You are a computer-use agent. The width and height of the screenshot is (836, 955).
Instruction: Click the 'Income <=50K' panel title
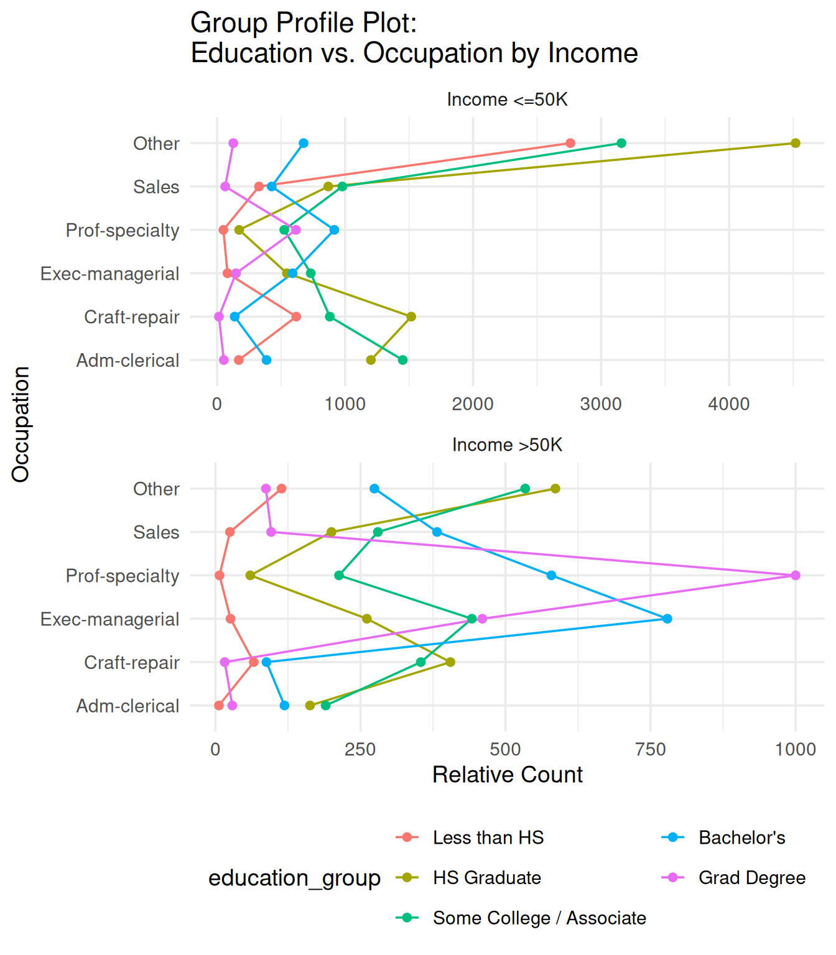[x=507, y=99]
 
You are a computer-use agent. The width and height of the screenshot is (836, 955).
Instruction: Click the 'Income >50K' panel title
[x=507, y=445]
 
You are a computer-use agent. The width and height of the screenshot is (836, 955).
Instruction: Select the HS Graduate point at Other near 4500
[x=795, y=143]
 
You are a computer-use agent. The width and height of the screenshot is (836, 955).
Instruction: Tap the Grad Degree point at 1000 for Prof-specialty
[x=795, y=576]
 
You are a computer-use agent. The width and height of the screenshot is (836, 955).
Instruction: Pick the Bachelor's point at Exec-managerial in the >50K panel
[x=667, y=619]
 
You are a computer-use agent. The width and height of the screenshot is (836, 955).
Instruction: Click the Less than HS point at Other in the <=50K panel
[x=570, y=143]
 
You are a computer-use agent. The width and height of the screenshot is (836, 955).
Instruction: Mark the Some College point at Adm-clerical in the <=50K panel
[x=402, y=360]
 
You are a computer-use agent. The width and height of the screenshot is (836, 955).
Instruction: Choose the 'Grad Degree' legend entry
[x=751, y=877]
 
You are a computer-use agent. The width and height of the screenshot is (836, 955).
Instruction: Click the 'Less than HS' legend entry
[x=488, y=837]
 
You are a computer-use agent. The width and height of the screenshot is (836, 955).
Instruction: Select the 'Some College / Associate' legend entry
[x=539, y=918]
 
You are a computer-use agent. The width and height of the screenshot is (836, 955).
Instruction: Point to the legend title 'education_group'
[x=294, y=878]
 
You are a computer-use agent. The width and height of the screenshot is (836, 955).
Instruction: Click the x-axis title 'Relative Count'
[x=507, y=775]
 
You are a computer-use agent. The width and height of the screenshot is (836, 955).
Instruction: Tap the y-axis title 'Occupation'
[x=21, y=424]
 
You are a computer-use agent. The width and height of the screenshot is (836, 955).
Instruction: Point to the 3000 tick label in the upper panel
[x=600, y=404]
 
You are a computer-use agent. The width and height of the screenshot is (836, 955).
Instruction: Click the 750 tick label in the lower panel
[x=650, y=749]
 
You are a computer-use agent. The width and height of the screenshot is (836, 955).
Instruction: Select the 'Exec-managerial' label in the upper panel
[x=110, y=274]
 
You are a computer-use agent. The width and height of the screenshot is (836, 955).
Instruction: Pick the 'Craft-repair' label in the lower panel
[x=132, y=663]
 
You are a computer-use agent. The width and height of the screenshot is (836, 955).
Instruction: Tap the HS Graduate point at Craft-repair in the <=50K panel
[x=411, y=316]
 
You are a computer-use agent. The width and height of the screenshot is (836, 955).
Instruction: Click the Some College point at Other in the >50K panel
[x=525, y=489]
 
